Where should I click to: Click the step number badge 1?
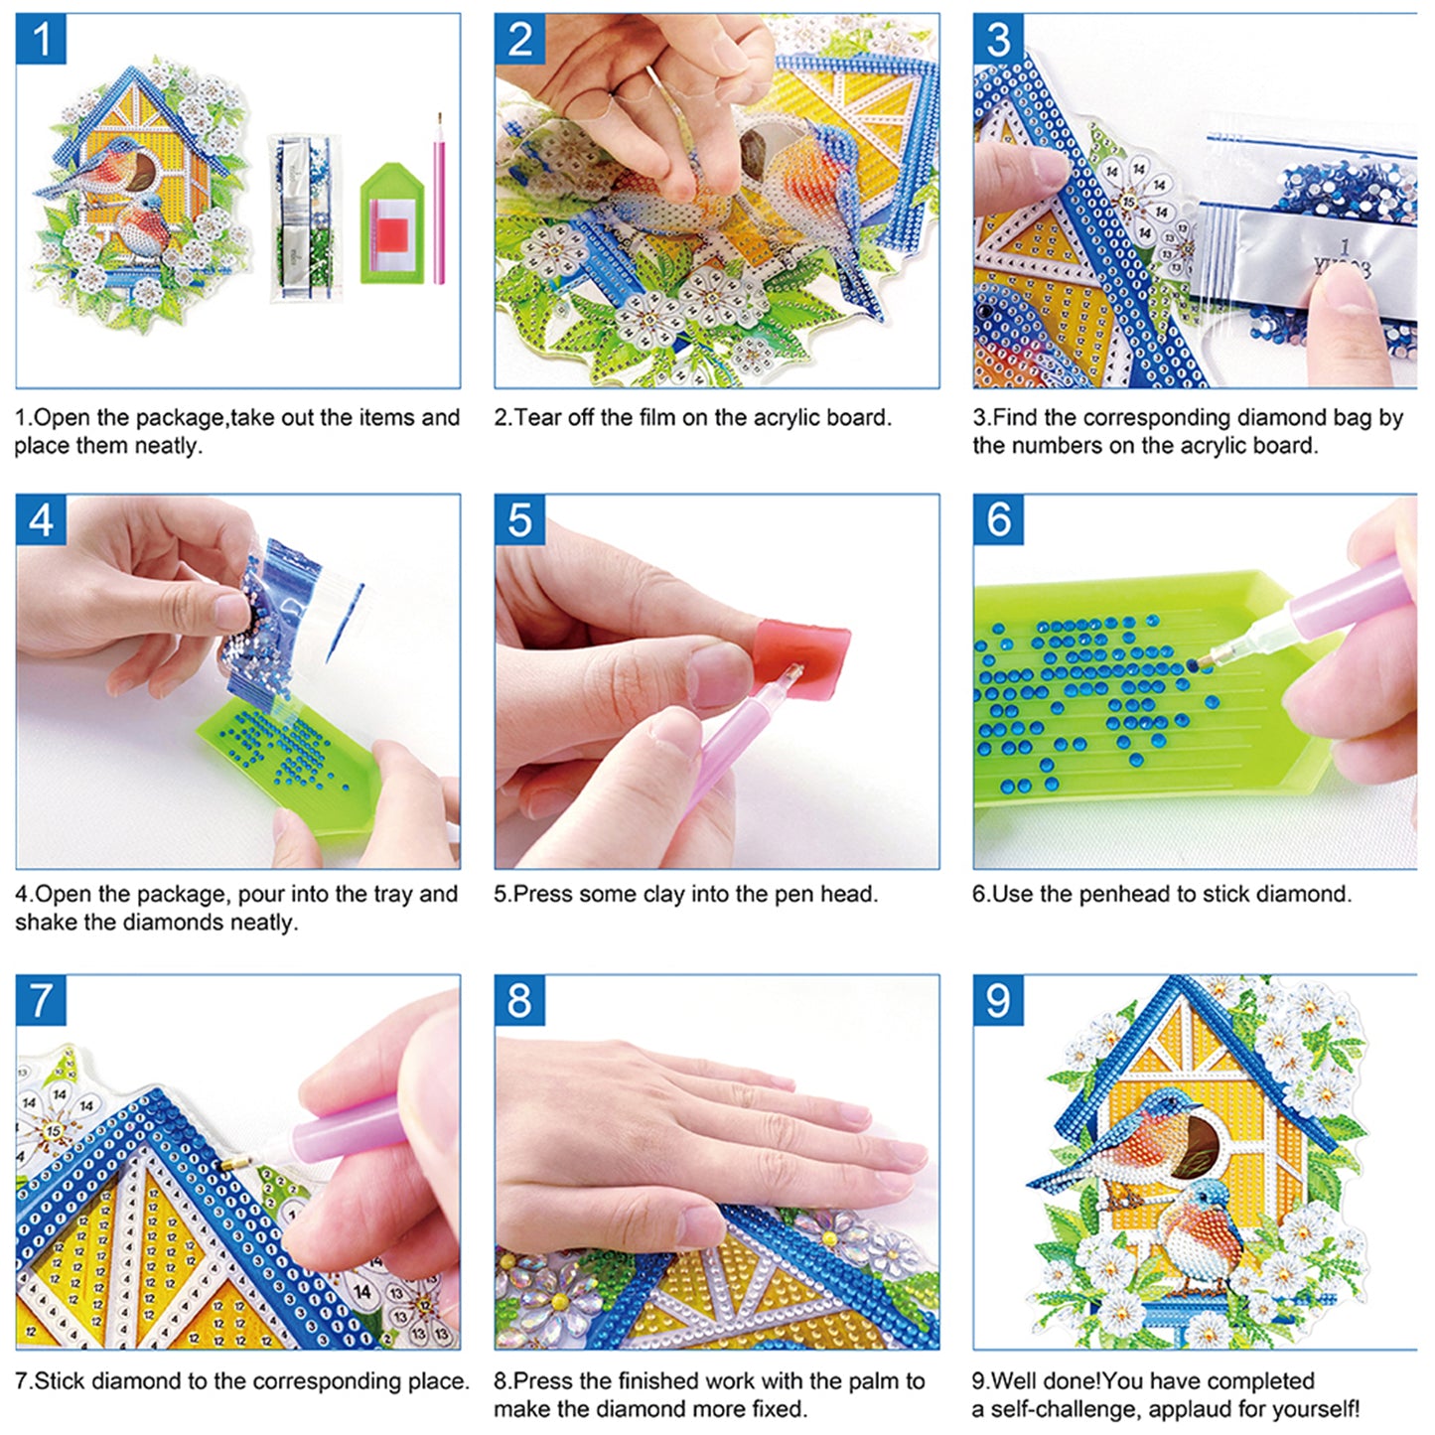pos(41,40)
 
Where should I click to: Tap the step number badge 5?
pos(519,519)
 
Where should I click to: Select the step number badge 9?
pos(998,999)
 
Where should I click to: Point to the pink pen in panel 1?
pos(438,199)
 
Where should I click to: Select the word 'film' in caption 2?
pos(657,418)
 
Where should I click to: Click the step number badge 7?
pos(41,999)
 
